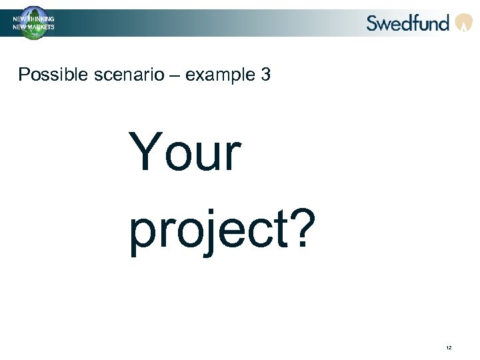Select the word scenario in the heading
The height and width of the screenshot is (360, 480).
point(116,75)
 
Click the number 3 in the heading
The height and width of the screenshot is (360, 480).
point(265,75)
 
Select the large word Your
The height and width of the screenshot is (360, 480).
point(184,152)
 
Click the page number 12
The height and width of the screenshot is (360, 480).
point(449,349)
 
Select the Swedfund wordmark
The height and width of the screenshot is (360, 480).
point(407,23)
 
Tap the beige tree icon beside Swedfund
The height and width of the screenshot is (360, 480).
point(463,23)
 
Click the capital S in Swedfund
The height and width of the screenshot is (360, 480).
point(373,23)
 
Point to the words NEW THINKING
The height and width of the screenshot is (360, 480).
point(33,19)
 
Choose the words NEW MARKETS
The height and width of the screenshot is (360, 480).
point(33,27)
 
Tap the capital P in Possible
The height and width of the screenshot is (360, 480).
point(24,75)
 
